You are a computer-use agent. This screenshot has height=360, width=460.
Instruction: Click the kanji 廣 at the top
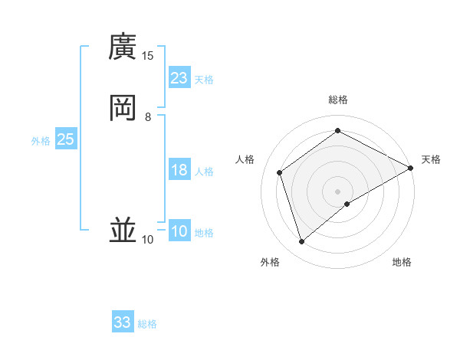123,47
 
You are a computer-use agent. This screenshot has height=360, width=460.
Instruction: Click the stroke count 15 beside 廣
148,56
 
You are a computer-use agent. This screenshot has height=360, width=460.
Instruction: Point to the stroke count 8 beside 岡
148,116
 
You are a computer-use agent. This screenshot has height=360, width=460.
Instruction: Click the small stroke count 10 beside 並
148,240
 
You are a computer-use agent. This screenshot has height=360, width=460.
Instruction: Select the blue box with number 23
179,78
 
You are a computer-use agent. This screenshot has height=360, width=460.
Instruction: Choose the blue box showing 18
179,170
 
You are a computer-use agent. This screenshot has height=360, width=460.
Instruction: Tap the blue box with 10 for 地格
179,231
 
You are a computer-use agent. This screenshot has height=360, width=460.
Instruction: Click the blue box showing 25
65,139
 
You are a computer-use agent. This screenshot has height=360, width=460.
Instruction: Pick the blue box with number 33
123,322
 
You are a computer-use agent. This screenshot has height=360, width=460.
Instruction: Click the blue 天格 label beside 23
204,80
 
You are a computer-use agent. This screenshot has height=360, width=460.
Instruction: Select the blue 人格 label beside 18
204,172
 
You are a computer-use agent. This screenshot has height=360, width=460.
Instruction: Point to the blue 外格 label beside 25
41,141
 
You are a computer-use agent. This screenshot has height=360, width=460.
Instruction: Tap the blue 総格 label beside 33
147,324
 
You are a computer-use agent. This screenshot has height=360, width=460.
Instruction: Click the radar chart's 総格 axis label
338,100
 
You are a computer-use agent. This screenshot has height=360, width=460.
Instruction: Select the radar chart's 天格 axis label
431,159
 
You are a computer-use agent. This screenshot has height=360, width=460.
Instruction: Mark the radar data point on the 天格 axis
412,168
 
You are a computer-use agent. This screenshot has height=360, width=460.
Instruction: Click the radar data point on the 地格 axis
348,203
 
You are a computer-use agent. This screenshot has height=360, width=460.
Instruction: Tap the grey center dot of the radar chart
338,191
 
